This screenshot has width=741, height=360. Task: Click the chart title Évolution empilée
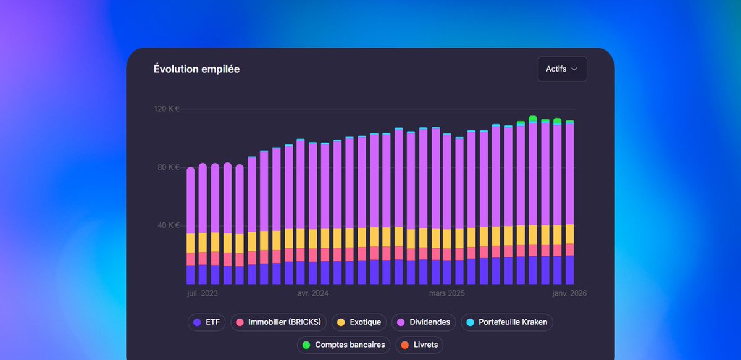[196, 69]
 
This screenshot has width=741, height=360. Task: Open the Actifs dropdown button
[561, 69]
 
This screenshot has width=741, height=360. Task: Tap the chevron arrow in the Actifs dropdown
[574, 69]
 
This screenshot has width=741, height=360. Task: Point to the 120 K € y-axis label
[166, 109]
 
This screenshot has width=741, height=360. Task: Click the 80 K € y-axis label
[167, 167]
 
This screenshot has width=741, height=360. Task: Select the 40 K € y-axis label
[167, 225]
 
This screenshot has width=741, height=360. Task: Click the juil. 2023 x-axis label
[203, 294]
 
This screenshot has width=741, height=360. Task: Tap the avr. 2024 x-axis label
[312, 294]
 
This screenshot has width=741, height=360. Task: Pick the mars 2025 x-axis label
[446, 294]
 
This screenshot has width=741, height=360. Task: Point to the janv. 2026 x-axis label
[569, 294]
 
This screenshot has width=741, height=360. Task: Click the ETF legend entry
[207, 322]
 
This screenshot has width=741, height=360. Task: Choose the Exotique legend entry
[359, 322]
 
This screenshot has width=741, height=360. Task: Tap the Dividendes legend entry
[424, 322]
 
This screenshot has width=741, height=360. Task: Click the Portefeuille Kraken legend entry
[507, 322]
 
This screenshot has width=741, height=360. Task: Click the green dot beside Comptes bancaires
[306, 345]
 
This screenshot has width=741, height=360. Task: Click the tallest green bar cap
[533, 119]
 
